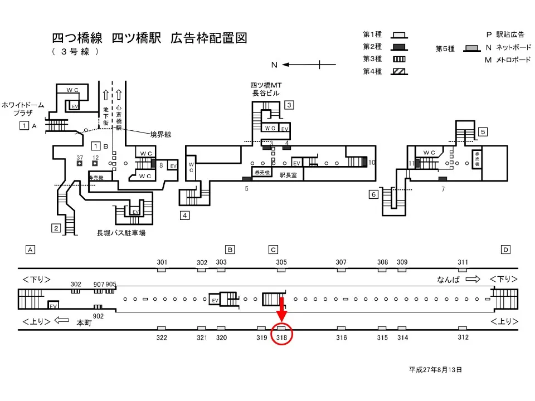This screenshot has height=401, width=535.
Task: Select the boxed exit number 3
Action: pos(289,105)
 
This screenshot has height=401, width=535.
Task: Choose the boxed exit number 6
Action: pos(373,194)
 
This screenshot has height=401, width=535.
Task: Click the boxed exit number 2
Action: pos(56,227)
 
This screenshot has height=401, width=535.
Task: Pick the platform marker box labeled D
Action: pos(505,250)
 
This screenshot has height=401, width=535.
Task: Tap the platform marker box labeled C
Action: pos(273,250)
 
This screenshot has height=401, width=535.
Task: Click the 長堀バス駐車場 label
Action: pos(121,233)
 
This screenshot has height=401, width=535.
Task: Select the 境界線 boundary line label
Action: pos(160,134)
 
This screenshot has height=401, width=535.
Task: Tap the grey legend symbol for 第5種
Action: pos(471,48)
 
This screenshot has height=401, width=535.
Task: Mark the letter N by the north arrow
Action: pos(274,65)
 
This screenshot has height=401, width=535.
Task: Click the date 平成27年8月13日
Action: pos(435,369)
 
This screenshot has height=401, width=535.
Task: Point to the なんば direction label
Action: pos(449,279)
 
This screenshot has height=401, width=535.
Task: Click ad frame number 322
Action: pos(162,338)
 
